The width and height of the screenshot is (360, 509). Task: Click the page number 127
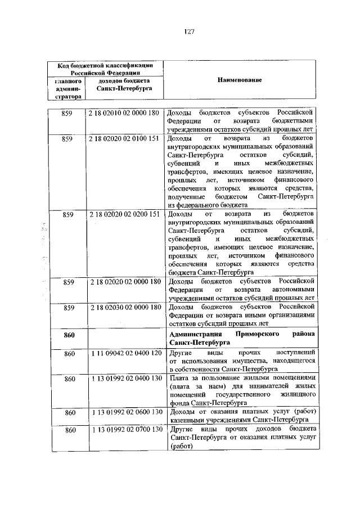189,31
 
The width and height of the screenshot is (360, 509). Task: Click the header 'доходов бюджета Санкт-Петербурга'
122,85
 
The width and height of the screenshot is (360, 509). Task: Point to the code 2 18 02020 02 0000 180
124,281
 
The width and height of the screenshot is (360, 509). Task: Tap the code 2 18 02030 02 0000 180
124,308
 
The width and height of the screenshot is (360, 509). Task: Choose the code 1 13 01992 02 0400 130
124,380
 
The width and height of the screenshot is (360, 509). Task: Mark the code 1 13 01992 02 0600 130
124,413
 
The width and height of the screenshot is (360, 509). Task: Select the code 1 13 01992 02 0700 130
124,430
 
